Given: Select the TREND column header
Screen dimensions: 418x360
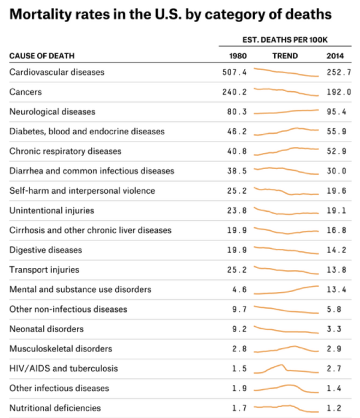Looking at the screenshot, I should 286,56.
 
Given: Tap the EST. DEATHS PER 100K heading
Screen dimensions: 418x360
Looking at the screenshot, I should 286,40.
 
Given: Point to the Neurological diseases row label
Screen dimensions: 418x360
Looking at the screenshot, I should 52,112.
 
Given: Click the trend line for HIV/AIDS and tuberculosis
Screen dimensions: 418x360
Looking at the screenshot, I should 286,368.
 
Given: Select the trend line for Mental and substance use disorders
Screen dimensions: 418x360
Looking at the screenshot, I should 286,290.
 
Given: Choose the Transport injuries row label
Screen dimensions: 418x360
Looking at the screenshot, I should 44,270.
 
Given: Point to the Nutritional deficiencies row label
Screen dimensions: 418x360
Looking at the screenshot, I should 55,408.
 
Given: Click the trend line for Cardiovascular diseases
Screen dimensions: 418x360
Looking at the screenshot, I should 286,73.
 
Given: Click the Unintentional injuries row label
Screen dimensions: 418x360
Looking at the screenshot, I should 52,210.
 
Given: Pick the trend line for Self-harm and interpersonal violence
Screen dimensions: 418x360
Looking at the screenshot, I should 286,192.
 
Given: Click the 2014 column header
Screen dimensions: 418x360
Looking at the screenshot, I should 335,56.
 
